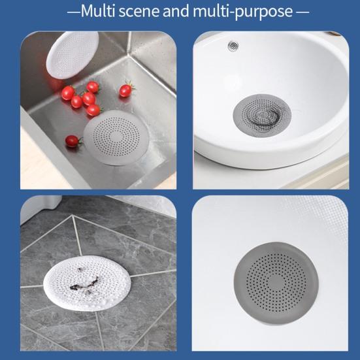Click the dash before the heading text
[73, 12]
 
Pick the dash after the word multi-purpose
[302, 12]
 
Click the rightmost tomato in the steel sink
[125, 90]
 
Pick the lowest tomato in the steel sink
[73, 141]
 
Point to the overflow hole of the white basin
[233, 46]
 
